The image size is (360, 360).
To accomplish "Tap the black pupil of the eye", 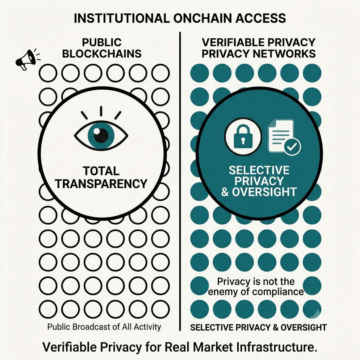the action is [x=101, y=135].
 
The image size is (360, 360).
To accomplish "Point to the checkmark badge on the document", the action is [x=292, y=147].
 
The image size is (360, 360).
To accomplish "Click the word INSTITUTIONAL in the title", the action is [x=122, y=18].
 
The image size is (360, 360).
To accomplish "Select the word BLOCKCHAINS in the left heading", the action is [x=102, y=54].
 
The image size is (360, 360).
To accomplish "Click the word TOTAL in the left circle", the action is [x=101, y=171].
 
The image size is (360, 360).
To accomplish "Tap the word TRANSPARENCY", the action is [x=101, y=184].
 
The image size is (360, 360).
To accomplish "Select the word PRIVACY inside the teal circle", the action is [x=259, y=181].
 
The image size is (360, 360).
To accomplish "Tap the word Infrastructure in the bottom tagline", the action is [x=277, y=347].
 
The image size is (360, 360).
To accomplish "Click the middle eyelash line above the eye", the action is [x=101, y=111].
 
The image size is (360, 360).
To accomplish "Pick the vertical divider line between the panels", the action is [x=180, y=181].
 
